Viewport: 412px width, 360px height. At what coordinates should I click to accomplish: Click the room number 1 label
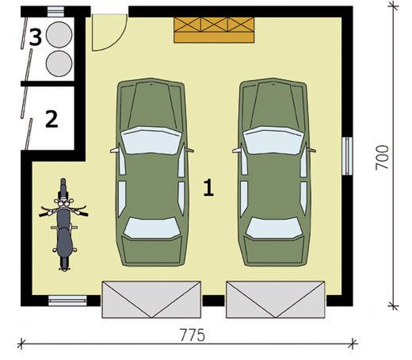[x=209, y=188]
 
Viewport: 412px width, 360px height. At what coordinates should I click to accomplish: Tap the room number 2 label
[x=51, y=120]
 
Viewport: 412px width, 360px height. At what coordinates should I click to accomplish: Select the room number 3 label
[x=36, y=36]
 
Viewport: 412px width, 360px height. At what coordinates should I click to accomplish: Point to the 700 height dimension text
[x=383, y=157]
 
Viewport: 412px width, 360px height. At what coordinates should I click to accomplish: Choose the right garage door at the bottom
[x=275, y=299]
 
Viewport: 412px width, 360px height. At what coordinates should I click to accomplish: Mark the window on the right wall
[x=348, y=155]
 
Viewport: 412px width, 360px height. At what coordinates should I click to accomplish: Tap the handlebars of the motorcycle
[x=63, y=211]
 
